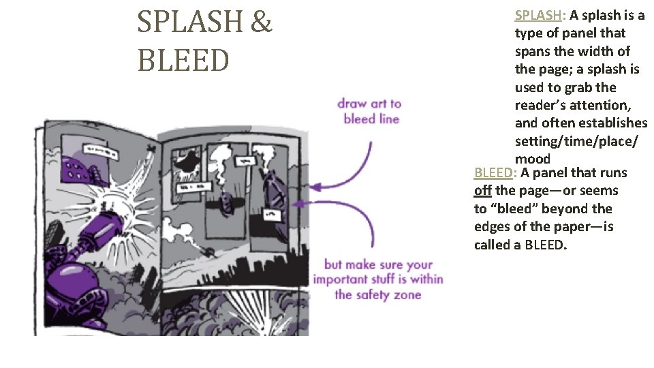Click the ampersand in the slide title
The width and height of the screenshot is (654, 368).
262,23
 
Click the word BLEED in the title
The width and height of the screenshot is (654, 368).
183,60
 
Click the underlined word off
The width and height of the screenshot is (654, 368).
483,191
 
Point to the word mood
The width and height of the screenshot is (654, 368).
532,159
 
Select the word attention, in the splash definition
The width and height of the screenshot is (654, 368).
601,105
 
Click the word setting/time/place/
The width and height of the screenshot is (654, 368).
576,141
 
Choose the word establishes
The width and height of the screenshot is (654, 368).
610,123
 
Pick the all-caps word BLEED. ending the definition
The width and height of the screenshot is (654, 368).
545,245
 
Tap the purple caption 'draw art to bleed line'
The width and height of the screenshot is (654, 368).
370,111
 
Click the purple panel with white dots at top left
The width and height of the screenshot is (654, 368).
86,167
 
